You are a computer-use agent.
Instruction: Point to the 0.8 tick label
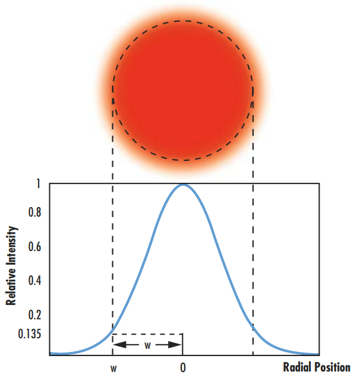(x=34, y=212)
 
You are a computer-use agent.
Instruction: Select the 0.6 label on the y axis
(x=34, y=246)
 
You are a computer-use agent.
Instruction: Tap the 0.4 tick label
(x=34, y=280)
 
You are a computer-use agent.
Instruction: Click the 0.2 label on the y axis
(x=34, y=315)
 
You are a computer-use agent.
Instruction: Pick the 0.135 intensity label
(x=29, y=334)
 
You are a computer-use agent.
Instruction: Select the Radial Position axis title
(x=317, y=367)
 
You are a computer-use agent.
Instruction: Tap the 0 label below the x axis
(x=183, y=368)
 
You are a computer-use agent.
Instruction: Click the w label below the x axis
(x=113, y=368)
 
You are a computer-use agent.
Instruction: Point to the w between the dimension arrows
(x=147, y=344)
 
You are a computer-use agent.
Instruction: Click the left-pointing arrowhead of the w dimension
(x=117, y=344)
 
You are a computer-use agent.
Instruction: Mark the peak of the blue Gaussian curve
(x=183, y=185)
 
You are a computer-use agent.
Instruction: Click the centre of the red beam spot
(x=183, y=90)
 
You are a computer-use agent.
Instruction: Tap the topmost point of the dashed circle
(x=183, y=21)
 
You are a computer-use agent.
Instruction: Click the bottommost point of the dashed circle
(x=183, y=160)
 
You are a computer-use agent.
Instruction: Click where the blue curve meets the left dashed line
(x=113, y=334)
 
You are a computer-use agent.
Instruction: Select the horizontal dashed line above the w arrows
(x=147, y=334)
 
